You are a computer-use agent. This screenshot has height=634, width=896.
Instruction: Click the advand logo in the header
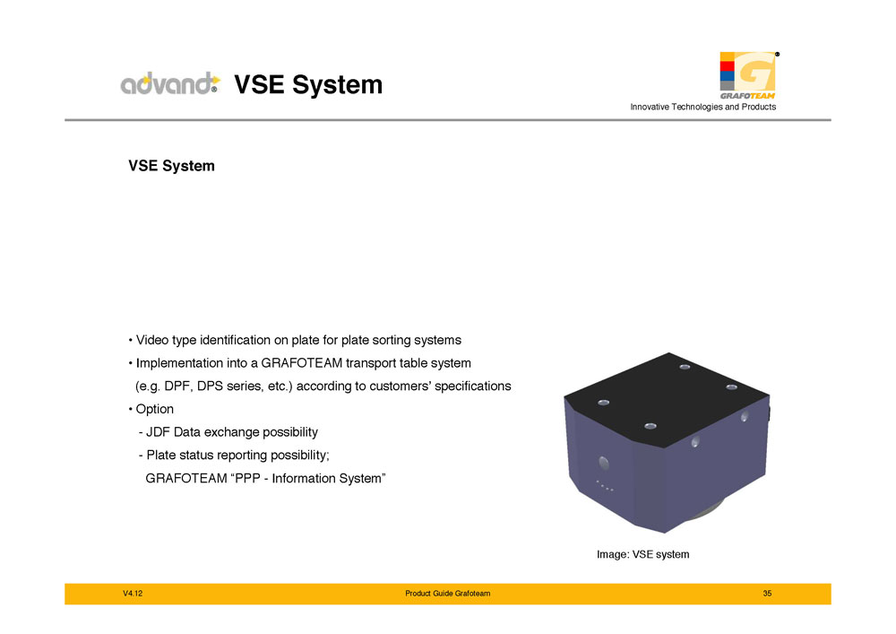pyautogui.click(x=170, y=83)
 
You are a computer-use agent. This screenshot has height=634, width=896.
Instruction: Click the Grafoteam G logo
pyautogui.click(x=748, y=75)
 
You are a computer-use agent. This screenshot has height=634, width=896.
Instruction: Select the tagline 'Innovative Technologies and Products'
pyautogui.click(x=702, y=107)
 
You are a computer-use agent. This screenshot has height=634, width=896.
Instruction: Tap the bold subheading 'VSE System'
pyautogui.click(x=171, y=166)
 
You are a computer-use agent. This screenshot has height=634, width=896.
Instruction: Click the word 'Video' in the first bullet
pyautogui.click(x=152, y=340)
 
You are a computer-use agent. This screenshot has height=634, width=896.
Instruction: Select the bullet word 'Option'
pyautogui.click(x=154, y=409)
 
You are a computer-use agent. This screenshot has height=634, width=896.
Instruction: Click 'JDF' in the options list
pyautogui.click(x=158, y=432)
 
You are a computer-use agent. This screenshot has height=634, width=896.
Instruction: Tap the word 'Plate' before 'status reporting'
pyautogui.click(x=160, y=455)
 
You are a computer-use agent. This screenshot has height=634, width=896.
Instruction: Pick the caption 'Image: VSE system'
pyautogui.click(x=642, y=554)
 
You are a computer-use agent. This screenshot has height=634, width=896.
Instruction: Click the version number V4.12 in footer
pyautogui.click(x=133, y=594)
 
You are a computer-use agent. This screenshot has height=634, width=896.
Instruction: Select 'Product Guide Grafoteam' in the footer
pyautogui.click(x=447, y=594)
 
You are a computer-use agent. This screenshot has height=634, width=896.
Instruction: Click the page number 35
pyautogui.click(x=767, y=594)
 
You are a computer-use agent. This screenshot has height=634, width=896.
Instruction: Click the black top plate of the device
pyautogui.click(x=667, y=398)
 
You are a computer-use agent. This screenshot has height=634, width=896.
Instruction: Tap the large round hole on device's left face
pyautogui.click(x=603, y=463)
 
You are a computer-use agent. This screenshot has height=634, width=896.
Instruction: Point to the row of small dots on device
pyautogui.click(x=605, y=486)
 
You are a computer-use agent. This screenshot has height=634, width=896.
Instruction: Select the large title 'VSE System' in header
pyautogui.click(x=308, y=84)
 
